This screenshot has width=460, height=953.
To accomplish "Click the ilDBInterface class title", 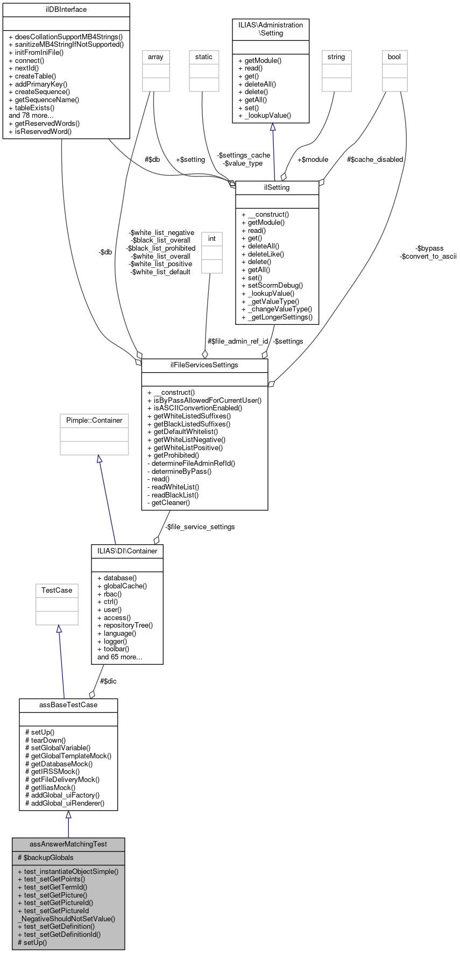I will pyautogui.click(x=66, y=10).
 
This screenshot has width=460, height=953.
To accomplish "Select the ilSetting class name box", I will pyautogui.click(x=277, y=188).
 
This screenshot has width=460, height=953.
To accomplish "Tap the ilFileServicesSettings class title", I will pyautogui.click(x=204, y=365).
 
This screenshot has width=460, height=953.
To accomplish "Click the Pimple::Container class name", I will pyautogui.click(x=94, y=421).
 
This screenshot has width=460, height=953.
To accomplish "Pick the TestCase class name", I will pyautogui.click(x=57, y=591).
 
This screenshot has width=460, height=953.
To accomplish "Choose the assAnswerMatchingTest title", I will pyautogui.click(x=68, y=844).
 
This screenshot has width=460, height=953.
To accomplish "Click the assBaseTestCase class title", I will pyautogui.click(x=68, y=705).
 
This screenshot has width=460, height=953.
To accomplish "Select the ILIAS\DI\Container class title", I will pyautogui.click(x=128, y=551).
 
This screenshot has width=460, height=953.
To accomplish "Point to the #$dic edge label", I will pyautogui.click(x=108, y=681).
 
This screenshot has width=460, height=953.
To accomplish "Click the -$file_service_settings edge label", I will pyautogui.click(x=200, y=527).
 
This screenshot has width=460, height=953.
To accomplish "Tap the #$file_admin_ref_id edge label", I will pyautogui.click(x=238, y=342).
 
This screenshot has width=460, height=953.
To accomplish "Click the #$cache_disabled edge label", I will pyautogui.click(x=375, y=160).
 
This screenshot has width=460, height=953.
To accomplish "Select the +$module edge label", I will pyautogui.click(x=313, y=160).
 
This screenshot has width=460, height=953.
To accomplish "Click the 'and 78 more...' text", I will pyautogui.click(x=31, y=116).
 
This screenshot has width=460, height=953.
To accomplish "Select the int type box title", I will pyautogui.click(x=212, y=239).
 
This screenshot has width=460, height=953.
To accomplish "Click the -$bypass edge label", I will pyautogui.click(x=429, y=248).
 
